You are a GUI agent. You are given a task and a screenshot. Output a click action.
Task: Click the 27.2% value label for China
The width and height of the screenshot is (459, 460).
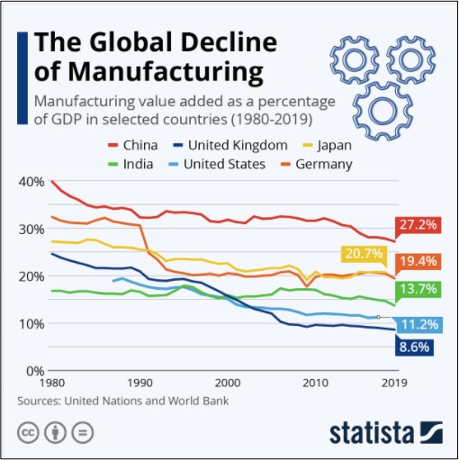pos(418,225)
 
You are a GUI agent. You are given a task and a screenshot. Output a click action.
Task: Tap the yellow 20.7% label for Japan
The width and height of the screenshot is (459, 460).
pos(364,254)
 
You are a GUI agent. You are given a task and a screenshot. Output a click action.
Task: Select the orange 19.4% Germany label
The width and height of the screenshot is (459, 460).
pos(418,261)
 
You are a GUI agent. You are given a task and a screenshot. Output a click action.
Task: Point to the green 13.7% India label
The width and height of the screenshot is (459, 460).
pos(418,289)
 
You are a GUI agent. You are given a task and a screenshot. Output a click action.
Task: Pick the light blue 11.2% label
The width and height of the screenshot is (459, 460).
pos(419,325)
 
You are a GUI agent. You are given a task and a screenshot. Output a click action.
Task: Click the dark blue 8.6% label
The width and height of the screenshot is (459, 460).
pos(414,347)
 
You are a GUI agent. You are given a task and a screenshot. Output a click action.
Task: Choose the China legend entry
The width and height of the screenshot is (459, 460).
pos(133,145)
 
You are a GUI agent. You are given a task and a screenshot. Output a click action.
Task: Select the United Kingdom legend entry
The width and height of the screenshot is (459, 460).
pos(230,145)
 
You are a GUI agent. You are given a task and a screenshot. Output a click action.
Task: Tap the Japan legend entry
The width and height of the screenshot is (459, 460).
pos(327,145)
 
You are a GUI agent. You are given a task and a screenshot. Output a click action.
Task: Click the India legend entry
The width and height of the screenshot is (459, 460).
pos(130,164)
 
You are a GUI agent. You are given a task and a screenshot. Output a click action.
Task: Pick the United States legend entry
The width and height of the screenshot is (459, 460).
pos(217,164)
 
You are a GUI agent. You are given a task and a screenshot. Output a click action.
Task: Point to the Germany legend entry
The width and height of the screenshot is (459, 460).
pos(316,165)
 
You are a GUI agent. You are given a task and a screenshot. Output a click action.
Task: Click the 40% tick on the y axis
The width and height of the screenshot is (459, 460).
pos(31,182)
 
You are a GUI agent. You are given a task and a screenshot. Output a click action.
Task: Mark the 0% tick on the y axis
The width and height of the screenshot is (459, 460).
pos(35,372)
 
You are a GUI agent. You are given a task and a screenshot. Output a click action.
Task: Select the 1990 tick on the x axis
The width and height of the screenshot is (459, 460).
pos(139,383)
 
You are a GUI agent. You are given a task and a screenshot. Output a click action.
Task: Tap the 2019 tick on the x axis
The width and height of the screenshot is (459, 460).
pos(394,383)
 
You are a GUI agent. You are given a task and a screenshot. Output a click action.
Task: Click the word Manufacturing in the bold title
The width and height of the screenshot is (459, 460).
pos(166,72)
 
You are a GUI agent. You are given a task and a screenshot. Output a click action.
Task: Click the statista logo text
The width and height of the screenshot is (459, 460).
pos(372,433)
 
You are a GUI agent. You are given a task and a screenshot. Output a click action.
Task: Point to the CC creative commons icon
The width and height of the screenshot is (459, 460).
pos(28,433)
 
